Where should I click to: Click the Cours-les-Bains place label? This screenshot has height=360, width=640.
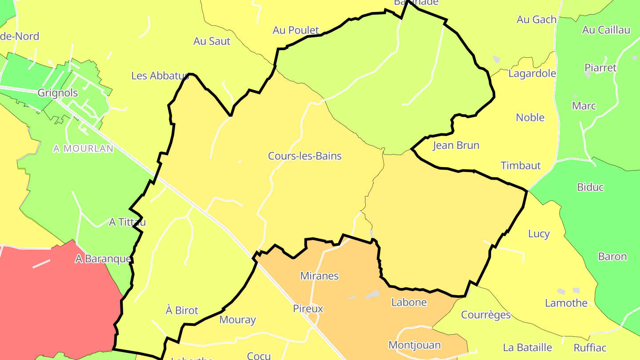pyautogui.click(x=305, y=156)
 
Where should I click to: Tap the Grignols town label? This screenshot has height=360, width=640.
pyautogui.click(x=58, y=93)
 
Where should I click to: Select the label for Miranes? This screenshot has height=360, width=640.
pyautogui.click(x=320, y=276)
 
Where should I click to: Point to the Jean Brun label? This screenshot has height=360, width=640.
pyautogui.click(x=456, y=145)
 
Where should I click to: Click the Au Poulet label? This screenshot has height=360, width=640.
pyautogui.click(x=296, y=30)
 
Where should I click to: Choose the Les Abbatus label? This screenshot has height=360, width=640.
pyautogui.click(x=160, y=76)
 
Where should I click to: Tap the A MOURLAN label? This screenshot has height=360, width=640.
pyautogui.click(x=84, y=149)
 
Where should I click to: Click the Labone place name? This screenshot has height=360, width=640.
pyautogui.click(x=409, y=302)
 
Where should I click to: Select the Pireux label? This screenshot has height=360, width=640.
pyautogui.click(x=308, y=308)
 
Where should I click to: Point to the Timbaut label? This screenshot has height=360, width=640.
pyautogui.click(x=521, y=166)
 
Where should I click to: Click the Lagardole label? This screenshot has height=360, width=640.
pyautogui.click(x=532, y=73)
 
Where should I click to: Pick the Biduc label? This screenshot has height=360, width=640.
pyautogui.click(x=590, y=187)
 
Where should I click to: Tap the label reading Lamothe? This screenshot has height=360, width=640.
pyautogui.click(x=566, y=303)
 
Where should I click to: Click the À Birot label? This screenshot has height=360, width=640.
pyautogui.click(x=182, y=310)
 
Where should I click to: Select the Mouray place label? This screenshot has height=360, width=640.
pyautogui.click(x=238, y=320)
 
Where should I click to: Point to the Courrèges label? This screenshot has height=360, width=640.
pyautogui.click(x=486, y=315)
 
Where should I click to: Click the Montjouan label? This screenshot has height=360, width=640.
pyautogui.click(x=415, y=345)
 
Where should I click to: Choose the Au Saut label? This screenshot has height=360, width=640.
pyautogui.click(x=212, y=41)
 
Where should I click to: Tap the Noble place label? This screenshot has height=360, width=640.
pyautogui.click(x=530, y=117)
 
